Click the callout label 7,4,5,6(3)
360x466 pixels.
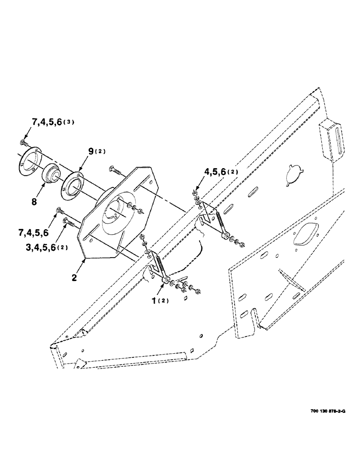point(53,123)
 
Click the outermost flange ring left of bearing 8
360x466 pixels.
point(31,161)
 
